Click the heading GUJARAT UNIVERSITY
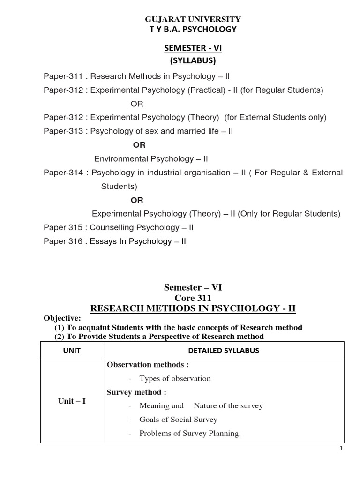192,19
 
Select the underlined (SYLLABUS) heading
192,61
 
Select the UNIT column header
72,351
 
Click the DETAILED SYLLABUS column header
224,351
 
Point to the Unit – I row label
72,401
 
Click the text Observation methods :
142,365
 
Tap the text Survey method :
136,392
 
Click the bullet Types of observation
175,378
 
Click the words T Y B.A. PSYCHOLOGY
192,30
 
